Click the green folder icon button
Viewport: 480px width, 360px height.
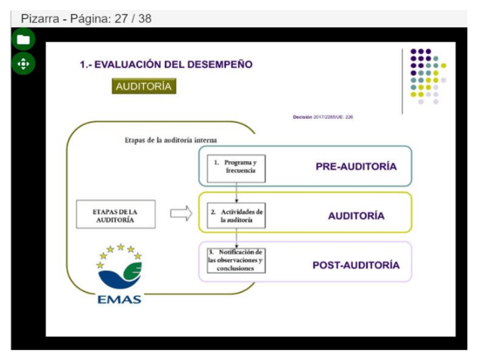[x=23, y=40]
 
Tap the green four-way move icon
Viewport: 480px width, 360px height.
[x=23, y=64]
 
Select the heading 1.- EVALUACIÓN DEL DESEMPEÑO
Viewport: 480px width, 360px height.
[x=166, y=65]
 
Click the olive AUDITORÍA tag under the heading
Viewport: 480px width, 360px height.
[x=143, y=87]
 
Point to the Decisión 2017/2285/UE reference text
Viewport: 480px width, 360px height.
[x=323, y=117]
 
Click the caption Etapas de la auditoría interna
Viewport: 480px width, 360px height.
[x=171, y=140]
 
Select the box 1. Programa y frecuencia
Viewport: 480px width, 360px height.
[x=235, y=166]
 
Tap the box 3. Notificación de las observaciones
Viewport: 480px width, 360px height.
[x=235, y=260]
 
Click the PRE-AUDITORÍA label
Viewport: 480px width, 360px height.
[x=356, y=166]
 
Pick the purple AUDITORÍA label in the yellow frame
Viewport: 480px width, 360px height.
[x=356, y=216]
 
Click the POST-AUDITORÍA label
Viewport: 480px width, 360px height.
[x=356, y=265]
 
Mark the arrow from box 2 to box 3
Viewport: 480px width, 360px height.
[x=236, y=238]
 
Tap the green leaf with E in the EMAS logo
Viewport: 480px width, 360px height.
[x=132, y=271]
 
